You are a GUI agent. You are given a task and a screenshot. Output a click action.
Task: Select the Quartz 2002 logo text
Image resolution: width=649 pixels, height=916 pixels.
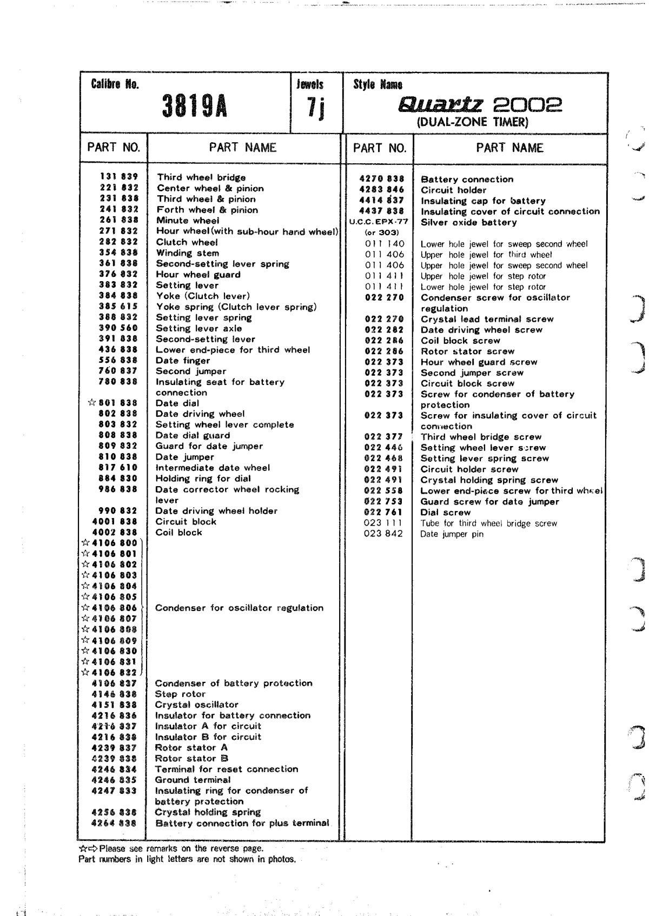480,104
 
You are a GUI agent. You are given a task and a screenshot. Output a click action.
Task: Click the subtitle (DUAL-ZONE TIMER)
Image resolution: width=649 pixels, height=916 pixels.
472,122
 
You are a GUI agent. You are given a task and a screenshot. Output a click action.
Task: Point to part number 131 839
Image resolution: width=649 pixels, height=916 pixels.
119,177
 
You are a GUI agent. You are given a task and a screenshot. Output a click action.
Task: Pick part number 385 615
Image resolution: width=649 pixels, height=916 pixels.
118,307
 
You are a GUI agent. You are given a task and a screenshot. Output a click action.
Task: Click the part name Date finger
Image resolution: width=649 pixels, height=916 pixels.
183,361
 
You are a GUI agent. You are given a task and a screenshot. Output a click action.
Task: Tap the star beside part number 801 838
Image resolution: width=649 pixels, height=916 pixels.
91,403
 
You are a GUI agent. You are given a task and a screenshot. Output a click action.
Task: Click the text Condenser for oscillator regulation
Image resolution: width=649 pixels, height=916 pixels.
239,608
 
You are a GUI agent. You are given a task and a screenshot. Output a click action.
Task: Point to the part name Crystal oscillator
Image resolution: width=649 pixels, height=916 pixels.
196,705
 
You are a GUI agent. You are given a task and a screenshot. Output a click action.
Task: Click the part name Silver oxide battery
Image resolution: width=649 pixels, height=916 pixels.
468,222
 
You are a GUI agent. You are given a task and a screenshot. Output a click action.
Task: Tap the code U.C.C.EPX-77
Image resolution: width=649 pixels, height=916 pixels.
379,222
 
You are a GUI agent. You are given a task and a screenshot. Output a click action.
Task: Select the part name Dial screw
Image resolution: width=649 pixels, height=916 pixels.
446,513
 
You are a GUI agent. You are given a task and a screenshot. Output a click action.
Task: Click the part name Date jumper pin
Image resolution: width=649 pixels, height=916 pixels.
452,534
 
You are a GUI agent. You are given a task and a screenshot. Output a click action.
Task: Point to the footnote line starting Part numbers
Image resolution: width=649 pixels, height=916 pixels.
187,859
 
